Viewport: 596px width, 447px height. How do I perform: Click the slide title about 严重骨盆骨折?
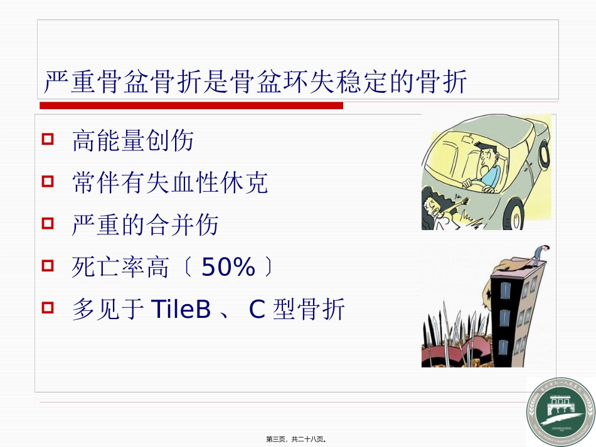[255, 82]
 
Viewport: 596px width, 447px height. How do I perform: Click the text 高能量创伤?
[133, 141]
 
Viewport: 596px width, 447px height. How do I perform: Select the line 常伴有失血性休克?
[170, 183]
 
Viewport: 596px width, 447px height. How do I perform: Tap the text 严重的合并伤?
[146, 225]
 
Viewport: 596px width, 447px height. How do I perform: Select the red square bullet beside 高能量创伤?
[48, 139]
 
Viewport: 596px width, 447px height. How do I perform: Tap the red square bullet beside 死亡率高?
[48, 266]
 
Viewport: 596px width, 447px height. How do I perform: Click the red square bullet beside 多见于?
[48, 308]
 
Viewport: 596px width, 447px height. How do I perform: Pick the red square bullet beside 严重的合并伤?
[48, 224]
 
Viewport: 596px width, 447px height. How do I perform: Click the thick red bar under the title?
[191, 106]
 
